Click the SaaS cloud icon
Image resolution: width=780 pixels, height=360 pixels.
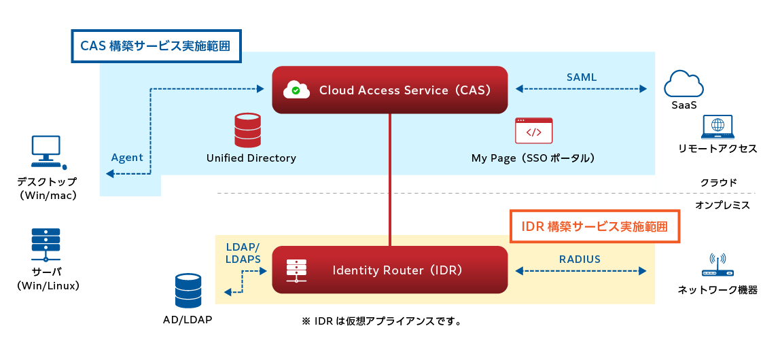pos(684,84)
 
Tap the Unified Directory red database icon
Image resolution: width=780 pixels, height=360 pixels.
pos(247,130)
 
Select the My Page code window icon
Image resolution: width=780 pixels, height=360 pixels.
pos(533,130)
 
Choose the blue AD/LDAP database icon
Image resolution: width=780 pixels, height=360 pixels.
pos(188,291)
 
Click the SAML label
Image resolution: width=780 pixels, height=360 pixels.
pos(582,77)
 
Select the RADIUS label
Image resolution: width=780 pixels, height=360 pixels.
pos(580,259)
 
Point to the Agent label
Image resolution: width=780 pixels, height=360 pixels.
pos(127,158)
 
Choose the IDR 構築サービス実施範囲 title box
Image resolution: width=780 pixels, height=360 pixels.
pos(595,226)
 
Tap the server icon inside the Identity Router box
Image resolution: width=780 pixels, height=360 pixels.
pos(297,270)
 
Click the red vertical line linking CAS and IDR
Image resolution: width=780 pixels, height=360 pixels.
pos(390,180)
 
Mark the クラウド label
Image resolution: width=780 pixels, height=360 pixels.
pos(719,183)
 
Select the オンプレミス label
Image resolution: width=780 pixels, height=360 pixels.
pos(722,204)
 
